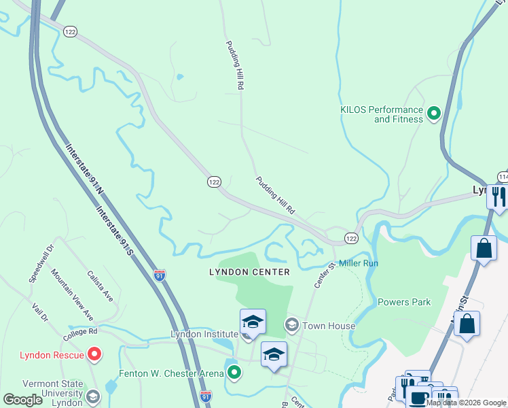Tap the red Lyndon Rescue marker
click(x=94, y=354)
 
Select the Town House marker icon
click(x=292, y=325)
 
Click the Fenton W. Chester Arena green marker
click(x=234, y=372)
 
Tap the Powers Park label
click(x=404, y=302)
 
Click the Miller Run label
click(x=359, y=262)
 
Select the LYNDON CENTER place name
click(x=249, y=272)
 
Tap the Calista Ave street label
click(x=100, y=286)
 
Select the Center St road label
click(x=321, y=275)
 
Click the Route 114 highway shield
click(x=502, y=177)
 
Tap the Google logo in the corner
click(x=23, y=400)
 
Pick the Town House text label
click(x=329, y=326)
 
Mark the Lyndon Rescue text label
click(x=52, y=355)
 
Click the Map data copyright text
click(x=466, y=403)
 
